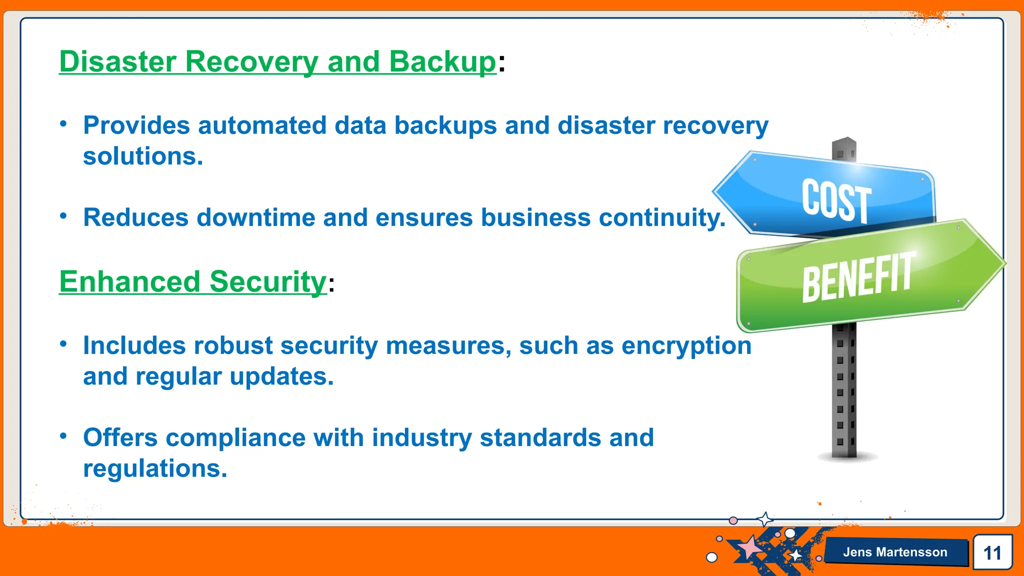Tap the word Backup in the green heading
442,62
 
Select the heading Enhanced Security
192,281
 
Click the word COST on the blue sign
836,201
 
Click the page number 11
992,553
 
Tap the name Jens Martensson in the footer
895,552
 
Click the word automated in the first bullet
262,125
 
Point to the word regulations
155,469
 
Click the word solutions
143,156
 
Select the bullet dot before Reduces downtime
63,216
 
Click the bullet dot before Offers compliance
63,436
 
